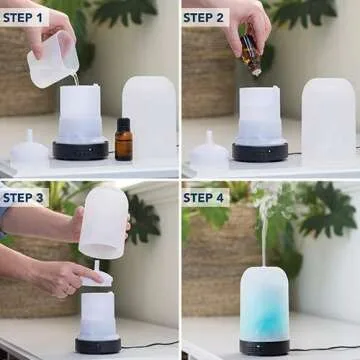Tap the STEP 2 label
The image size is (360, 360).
coord(204,17)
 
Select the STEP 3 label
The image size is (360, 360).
coord(24,197)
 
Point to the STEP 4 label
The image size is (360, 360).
coord(204,197)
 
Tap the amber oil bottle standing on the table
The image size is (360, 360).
coord(123,140)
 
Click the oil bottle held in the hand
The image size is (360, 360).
coord(250,55)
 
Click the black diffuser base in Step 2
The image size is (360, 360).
coord(259,151)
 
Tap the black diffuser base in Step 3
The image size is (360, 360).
coord(97,345)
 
